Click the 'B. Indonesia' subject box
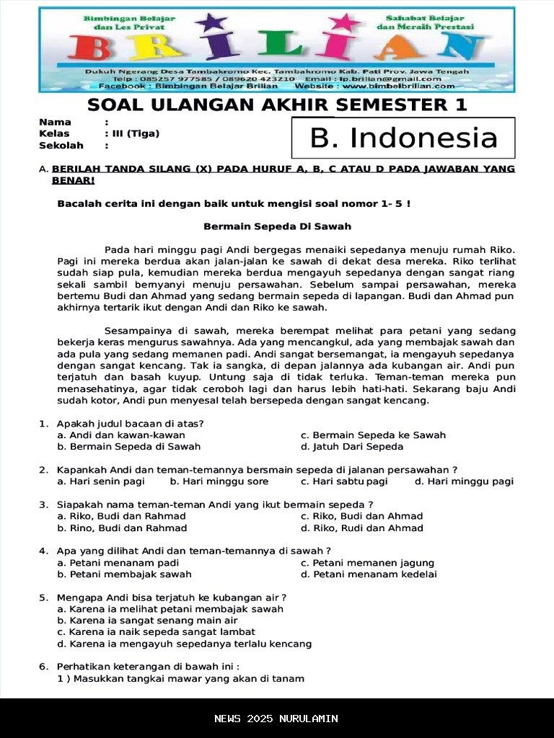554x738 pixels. click(403, 138)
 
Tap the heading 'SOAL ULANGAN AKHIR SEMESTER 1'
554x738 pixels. click(277, 105)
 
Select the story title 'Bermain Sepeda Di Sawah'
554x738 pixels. click(277, 226)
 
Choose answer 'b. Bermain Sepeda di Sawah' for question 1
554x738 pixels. click(129, 447)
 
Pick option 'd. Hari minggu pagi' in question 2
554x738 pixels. click(464, 481)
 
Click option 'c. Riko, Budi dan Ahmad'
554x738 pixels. click(361, 516)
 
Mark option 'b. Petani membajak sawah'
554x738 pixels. click(124, 574)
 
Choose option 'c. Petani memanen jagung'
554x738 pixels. click(367, 563)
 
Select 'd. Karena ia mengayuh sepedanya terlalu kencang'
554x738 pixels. click(185, 644)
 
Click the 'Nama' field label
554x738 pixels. click(55, 122)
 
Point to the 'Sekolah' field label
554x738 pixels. click(61, 145)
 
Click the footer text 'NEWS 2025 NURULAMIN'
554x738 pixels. click(276, 719)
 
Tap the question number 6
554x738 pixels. click(43, 667)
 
